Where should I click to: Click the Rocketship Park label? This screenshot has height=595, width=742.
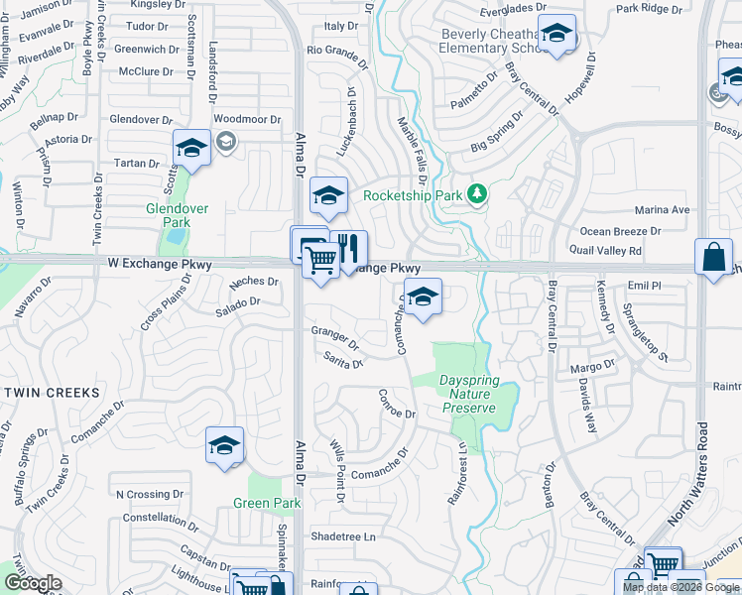coord(413,195)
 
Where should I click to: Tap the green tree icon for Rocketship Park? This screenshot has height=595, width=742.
coord(478,193)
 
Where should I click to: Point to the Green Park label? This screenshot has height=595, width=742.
coord(267,503)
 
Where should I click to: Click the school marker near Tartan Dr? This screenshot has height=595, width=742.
coord(191,150)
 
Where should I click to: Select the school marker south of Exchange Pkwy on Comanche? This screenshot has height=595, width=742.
coord(424,297)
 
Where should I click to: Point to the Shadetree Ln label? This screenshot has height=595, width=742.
coord(344,536)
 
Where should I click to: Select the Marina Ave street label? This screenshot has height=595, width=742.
coord(662,210)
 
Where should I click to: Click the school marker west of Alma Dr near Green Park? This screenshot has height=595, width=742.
coord(225,446)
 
